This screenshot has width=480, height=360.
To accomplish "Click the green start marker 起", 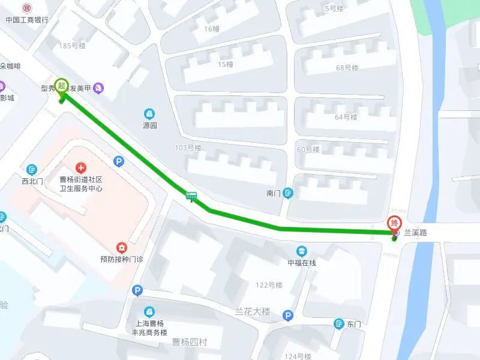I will tap(61, 85).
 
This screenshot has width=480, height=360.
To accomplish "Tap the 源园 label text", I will tap(149, 126).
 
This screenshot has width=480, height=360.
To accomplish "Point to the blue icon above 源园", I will tap(149, 113).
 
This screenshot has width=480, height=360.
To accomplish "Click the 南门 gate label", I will tap(274, 193).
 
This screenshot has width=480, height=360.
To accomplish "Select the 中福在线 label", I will tap(301, 263).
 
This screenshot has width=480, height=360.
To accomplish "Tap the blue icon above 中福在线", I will tap(301, 251).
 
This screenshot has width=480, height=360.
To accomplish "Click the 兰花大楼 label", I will tap(253, 312).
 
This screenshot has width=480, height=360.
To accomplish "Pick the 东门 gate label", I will tap(354, 324).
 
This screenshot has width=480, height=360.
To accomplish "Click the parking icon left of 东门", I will tap(287, 315).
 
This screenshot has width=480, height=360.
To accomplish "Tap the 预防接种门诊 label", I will tap(122, 260).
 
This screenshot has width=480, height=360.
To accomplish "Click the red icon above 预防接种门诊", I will tap(122, 247).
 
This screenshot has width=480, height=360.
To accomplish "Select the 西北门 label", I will tap(32, 181).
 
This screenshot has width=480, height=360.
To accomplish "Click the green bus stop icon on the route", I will tap(191, 196).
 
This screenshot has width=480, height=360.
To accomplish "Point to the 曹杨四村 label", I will tap(189, 343).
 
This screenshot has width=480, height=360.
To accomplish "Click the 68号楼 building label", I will tap(347, 68).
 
